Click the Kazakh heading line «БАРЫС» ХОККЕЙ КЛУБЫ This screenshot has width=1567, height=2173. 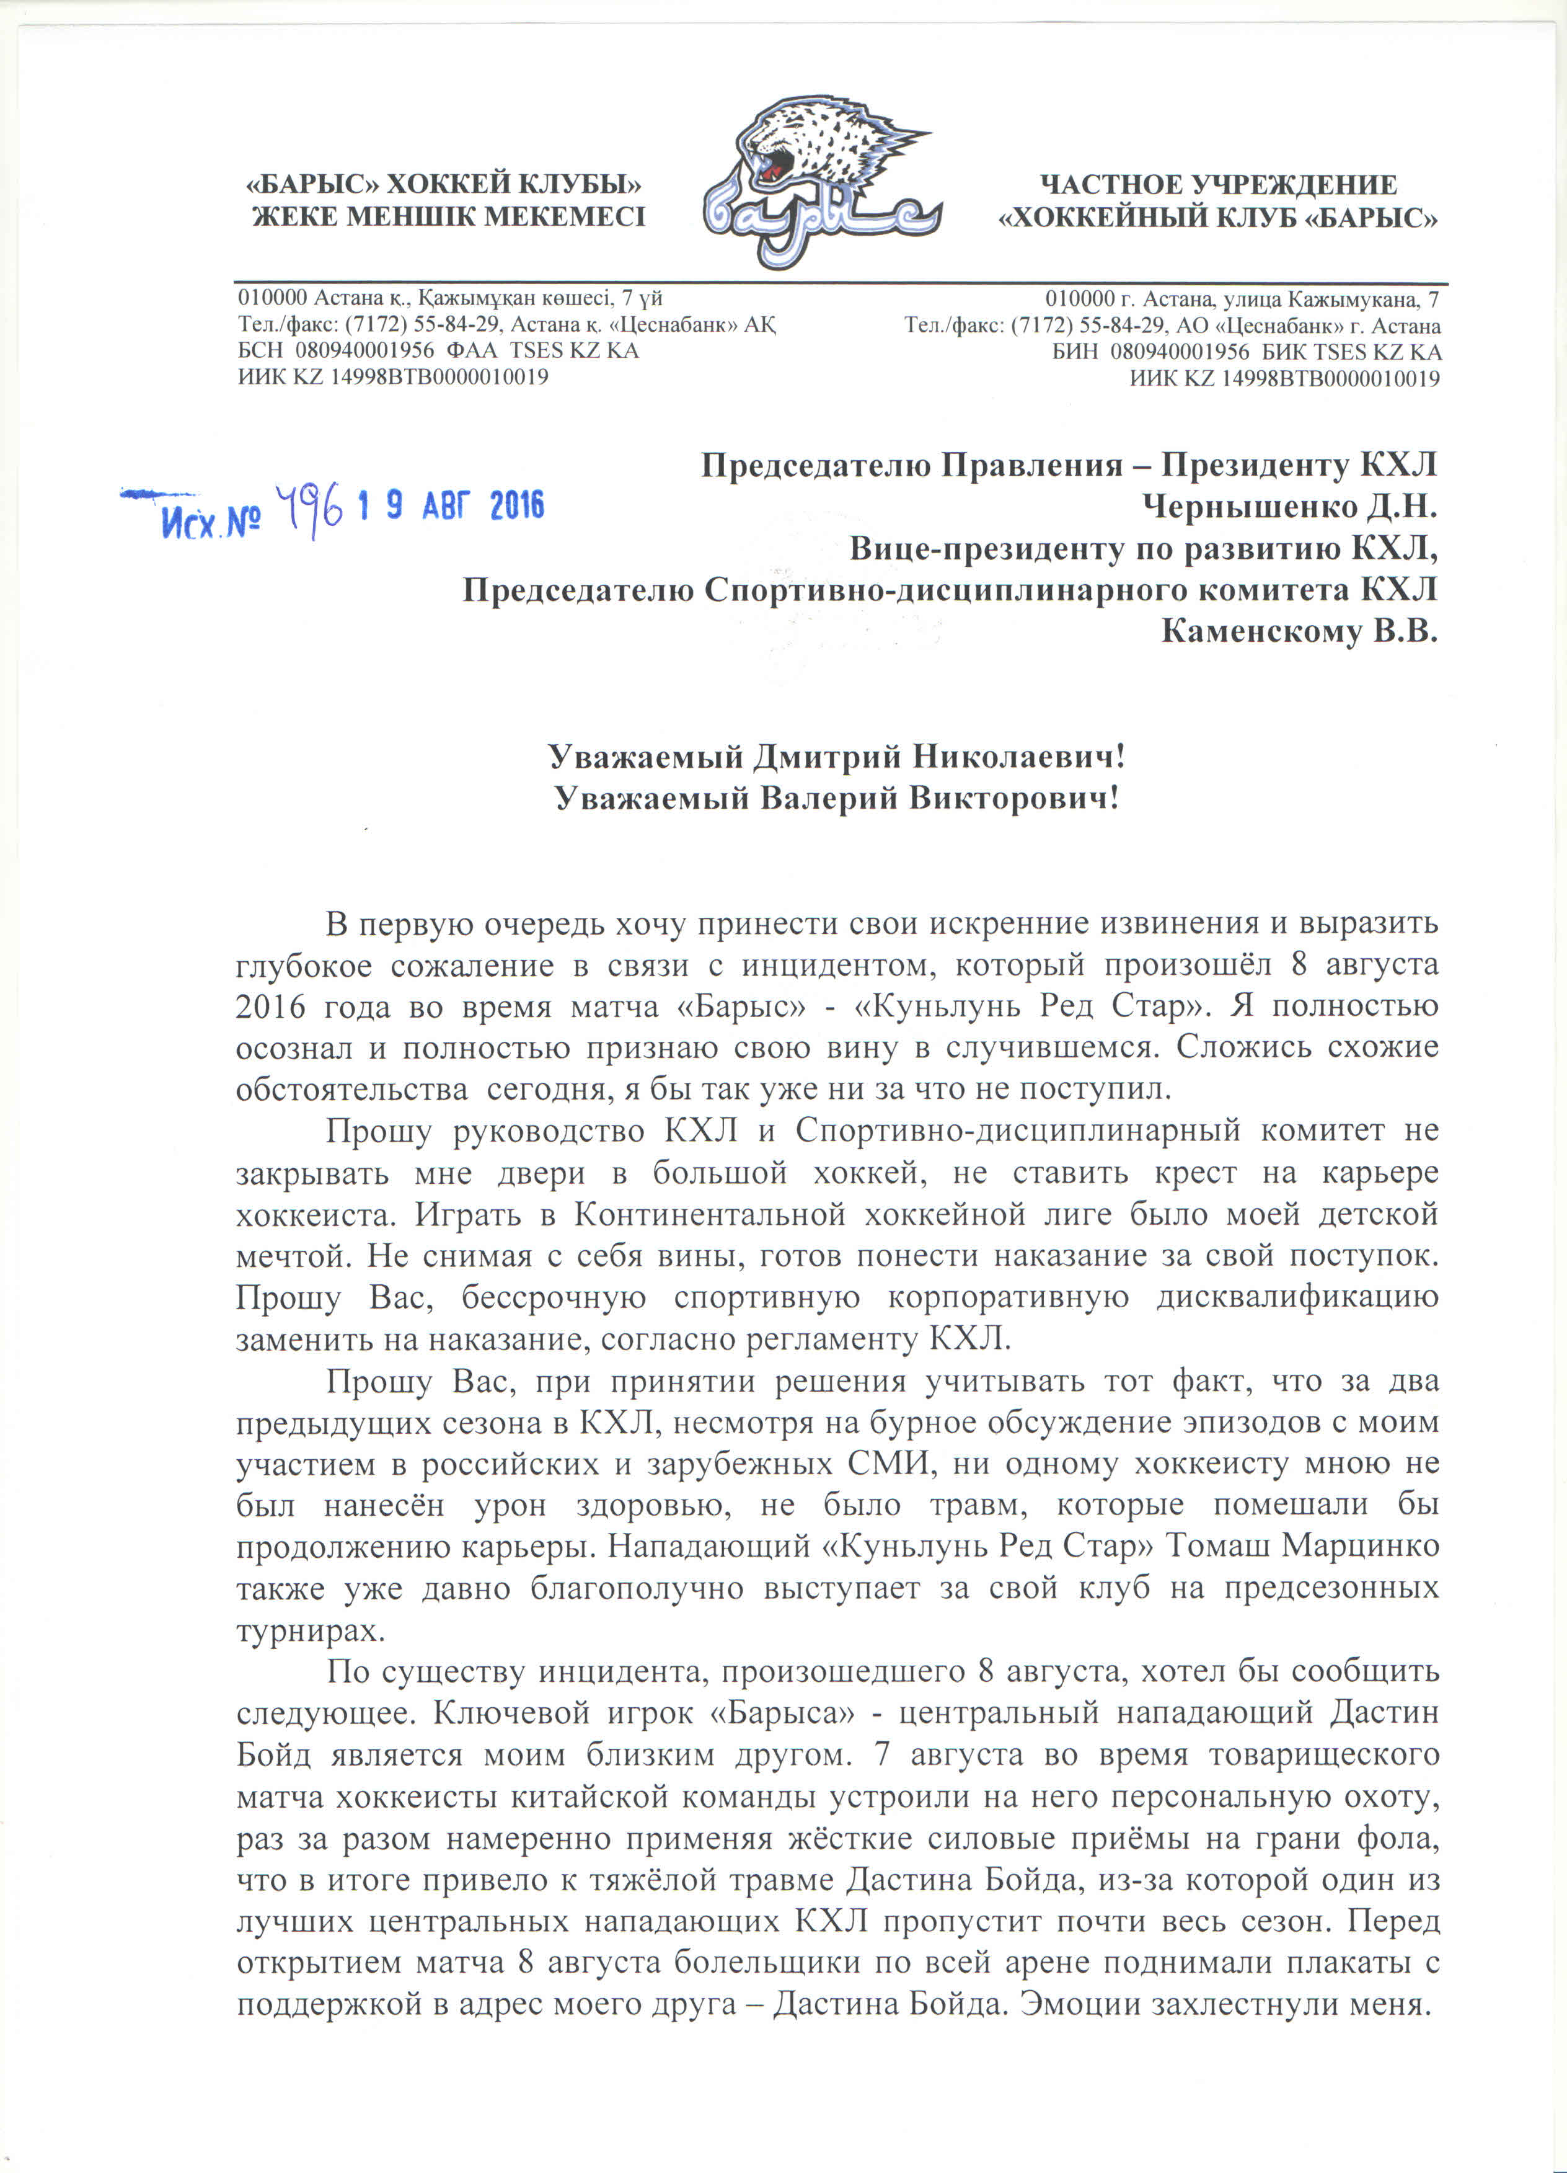(443, 184)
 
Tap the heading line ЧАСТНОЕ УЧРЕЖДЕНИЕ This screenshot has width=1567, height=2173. (1219, 185)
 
